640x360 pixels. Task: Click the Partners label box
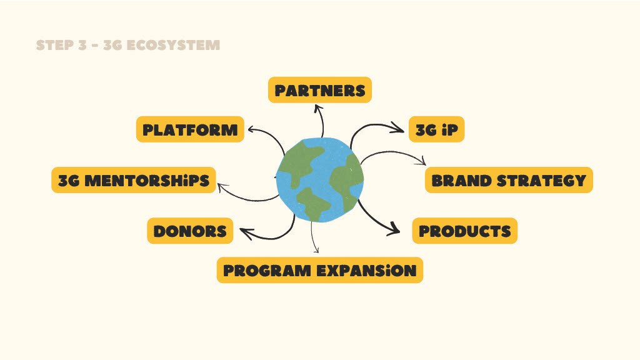tap(319, 90)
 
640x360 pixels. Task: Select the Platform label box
tap(190, 129)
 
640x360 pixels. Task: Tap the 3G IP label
tap(436, 129)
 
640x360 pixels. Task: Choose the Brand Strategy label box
tap(509, 180)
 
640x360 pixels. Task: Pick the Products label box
tap(464, 231)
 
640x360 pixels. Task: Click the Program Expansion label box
tap(319, 270)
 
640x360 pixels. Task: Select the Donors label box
tap(190, 231)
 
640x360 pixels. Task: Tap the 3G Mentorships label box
tap(134, 180)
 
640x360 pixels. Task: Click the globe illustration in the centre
tap(320, 179)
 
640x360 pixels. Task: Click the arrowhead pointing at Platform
tap(251, 130)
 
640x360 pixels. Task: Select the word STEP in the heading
tap(54, 45)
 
